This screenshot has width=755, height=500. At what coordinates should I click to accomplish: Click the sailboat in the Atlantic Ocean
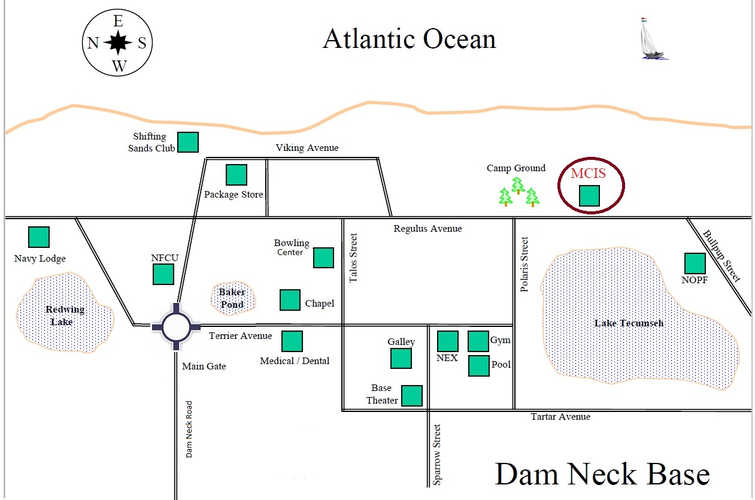[651, 39]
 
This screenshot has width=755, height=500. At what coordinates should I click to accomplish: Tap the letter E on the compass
[119, 22]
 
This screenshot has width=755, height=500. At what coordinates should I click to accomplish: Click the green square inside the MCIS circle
[589, 196]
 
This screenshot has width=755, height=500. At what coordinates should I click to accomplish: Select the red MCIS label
[588, 174]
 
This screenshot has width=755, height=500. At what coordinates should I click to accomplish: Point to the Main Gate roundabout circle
[177, 326]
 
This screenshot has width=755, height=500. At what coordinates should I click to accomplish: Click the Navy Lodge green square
[40, 237]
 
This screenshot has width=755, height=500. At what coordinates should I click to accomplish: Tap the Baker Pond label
[232, 298]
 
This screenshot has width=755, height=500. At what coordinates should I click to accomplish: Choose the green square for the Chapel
[290, 300]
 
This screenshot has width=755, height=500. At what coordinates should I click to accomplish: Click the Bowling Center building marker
[323, 257]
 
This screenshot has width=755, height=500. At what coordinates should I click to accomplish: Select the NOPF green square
[695, 263]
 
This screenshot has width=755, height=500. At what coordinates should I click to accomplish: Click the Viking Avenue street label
[307, 148]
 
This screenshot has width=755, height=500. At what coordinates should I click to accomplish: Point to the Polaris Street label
[524, 264]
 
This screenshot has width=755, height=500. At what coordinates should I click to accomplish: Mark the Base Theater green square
[411, 396]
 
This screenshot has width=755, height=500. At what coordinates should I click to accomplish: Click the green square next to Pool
[478, 366]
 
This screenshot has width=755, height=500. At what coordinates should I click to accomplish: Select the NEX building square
[447, 341]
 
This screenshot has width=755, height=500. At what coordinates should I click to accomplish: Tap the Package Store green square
[236, 175]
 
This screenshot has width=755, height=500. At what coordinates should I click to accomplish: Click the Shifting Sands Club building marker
[188, 142]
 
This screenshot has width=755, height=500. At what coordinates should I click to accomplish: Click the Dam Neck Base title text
[602, 474]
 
